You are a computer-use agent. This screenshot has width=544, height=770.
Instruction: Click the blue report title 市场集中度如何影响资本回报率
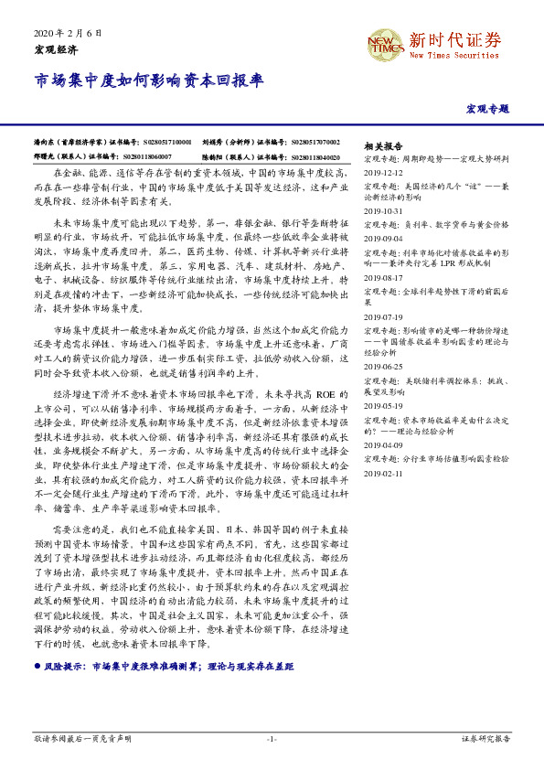(x=149, y=81)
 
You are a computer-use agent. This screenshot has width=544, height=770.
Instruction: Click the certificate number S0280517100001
(x=167, y=143)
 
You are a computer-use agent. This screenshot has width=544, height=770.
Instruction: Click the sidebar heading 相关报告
(x=383, y=145)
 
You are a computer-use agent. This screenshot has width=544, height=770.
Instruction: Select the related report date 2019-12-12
(x=383, y=171)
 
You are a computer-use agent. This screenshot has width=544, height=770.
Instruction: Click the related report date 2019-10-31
(x=383, y=210)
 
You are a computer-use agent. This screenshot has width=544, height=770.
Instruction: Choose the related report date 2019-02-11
(x=383, y=474)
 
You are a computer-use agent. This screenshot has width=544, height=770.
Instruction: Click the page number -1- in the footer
(x=272, y=737)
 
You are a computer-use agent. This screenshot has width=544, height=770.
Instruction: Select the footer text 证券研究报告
(x=486, y=737)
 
